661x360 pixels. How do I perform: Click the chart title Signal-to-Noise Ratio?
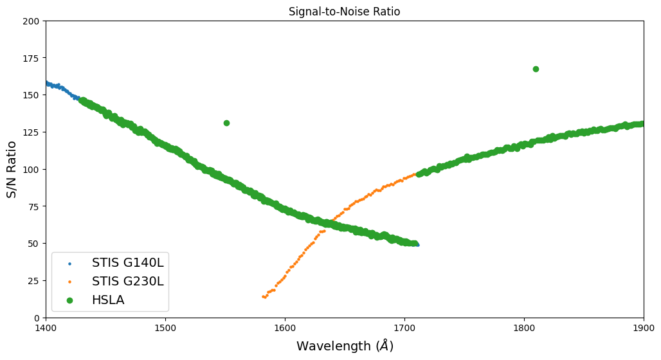[x=345, y=12]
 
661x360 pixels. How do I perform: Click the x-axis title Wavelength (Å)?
[x=345, y=346]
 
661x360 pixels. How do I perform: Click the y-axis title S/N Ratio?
[x=12, y=169]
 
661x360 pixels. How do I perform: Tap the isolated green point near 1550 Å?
[x=226, y=123]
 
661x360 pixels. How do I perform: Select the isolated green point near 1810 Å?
[x=536, y=69]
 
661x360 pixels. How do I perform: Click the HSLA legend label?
[x=109, y=300]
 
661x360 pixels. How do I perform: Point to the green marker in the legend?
[x=69, y=300]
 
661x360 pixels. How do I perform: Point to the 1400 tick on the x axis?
[x=46, y=328]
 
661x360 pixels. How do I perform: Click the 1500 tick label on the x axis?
[x=165, y=328]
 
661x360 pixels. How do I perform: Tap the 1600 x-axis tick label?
[x=285, y=328]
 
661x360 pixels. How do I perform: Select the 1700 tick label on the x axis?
[x=404, y=328]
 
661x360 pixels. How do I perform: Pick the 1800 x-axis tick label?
[x=524, y=328]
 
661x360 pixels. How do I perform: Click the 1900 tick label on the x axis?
[x=643, y=328]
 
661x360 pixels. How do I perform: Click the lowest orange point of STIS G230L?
[x=264, y=297]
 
